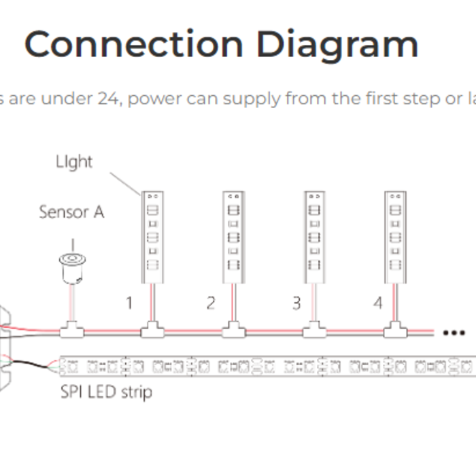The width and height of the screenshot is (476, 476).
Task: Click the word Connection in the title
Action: pyautogui.click(x=134, y=44)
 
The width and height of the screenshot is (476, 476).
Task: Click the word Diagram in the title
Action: pyautogui.click(x=337, y=44)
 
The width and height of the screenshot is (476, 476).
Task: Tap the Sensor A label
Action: pyautogui.click(x=71, y=212)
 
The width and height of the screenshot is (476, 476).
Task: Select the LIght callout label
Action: pyautogui.click(x=74, y=162)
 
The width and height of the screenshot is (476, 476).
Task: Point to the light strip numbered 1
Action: pyautogui.click(x=152, y=237)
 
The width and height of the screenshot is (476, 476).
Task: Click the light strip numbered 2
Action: pyautogui.click(x=233, y=237)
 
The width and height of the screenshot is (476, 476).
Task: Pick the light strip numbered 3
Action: pyautogui.click(x=314, y=237)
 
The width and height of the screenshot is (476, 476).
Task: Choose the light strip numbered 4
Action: pyautogui.click(x=395, y=237)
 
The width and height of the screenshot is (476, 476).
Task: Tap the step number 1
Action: pyautogui.click(x=129, y=303)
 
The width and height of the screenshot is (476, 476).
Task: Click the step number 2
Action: pyautogui.click(x=211, y=303)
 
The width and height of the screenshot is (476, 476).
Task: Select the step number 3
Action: pyautogui.click(x=296, y=303)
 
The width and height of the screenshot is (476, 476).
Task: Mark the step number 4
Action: pyautogui.click(x=379, y=303)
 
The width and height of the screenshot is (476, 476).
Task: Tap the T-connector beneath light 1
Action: pyautogui.click(x=152, y=331)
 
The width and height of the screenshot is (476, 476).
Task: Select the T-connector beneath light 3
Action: pyautogui.click(x=314, y=331)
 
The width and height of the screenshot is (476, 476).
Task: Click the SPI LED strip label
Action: pyautogui.click(x=105, y=392)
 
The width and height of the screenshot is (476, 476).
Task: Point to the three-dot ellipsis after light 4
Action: pyautogui.click(x=454, y=333)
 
